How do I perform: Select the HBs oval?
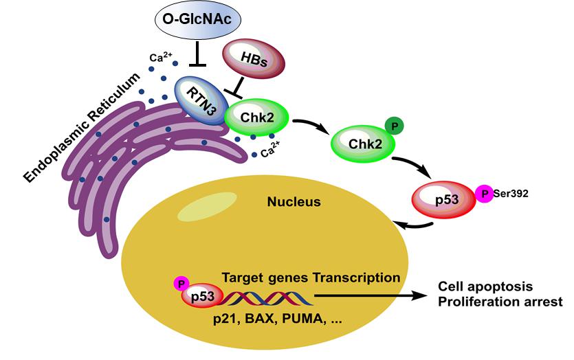coord(252,61)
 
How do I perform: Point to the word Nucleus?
coord(289,202)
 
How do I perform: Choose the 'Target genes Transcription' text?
coord(311,278)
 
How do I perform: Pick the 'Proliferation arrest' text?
coord(500,301)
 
